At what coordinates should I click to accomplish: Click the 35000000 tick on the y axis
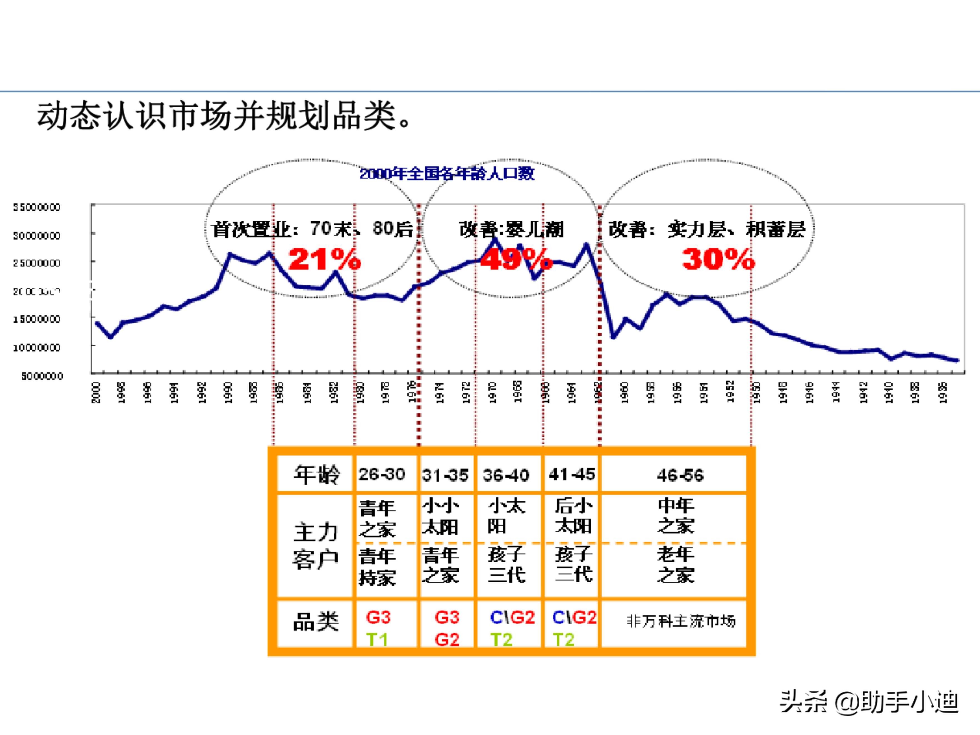(36, 207)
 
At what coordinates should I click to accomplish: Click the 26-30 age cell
(381, 475)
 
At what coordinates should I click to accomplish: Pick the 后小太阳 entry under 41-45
(573, 516)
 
